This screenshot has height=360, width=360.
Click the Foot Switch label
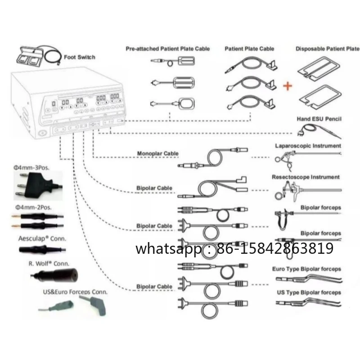80,57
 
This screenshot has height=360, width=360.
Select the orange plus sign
288,86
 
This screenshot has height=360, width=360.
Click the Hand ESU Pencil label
319,119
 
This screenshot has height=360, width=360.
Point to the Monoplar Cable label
158,153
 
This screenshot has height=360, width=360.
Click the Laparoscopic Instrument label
308,146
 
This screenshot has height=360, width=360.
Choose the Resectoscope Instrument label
306,177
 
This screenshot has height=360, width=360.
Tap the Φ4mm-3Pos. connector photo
38,185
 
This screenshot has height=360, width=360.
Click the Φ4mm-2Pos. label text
33,207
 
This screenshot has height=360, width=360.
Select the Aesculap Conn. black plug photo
42,249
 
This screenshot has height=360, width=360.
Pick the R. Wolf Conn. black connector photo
54,275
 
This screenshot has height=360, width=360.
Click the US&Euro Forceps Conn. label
75,292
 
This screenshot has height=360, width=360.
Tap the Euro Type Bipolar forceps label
306,269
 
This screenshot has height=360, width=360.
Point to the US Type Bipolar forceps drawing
309,302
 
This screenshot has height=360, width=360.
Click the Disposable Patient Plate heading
328,49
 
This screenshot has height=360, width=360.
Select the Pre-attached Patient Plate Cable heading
167,49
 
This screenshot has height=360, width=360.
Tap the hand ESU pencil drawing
319,131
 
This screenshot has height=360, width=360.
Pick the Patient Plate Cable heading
249,49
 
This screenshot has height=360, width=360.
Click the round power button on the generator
42,133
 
